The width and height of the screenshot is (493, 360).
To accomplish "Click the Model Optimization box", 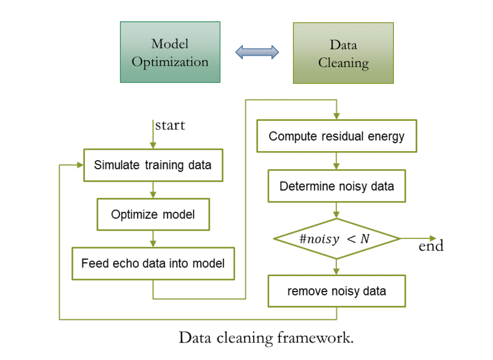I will click(170, 52).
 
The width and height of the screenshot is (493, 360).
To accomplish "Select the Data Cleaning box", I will click(343, 53).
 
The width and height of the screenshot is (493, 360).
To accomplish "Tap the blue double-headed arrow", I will click(257, 52).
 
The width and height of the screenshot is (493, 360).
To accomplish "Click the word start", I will click(170, 126).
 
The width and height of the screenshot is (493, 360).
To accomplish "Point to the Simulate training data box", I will click(153, 165).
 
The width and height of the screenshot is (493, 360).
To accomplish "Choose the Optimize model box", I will click(153, 214).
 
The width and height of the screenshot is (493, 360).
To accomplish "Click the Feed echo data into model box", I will click(153, 263).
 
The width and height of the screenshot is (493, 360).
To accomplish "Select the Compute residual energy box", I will click(337, 136).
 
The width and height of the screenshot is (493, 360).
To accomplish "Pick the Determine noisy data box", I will click(337, 186).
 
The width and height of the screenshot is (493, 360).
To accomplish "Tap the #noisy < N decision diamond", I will click(337, 239).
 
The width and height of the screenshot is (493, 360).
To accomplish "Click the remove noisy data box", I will click(337, 290).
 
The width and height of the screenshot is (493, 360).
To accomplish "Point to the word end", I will click(431, 246).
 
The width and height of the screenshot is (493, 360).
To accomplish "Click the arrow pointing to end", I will click(417, 238).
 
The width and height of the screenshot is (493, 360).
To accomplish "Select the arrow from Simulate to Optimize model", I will click(153, 189).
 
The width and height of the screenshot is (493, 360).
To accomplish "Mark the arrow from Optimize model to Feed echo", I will click(153, 239).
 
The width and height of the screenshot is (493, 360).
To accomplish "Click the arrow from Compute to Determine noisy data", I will click(337, 161).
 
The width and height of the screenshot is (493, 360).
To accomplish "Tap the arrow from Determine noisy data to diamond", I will click(337, 210).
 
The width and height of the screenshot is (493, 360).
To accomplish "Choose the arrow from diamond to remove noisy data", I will click(337, 267).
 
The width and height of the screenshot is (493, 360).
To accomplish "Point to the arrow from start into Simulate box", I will click(153, 140).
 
